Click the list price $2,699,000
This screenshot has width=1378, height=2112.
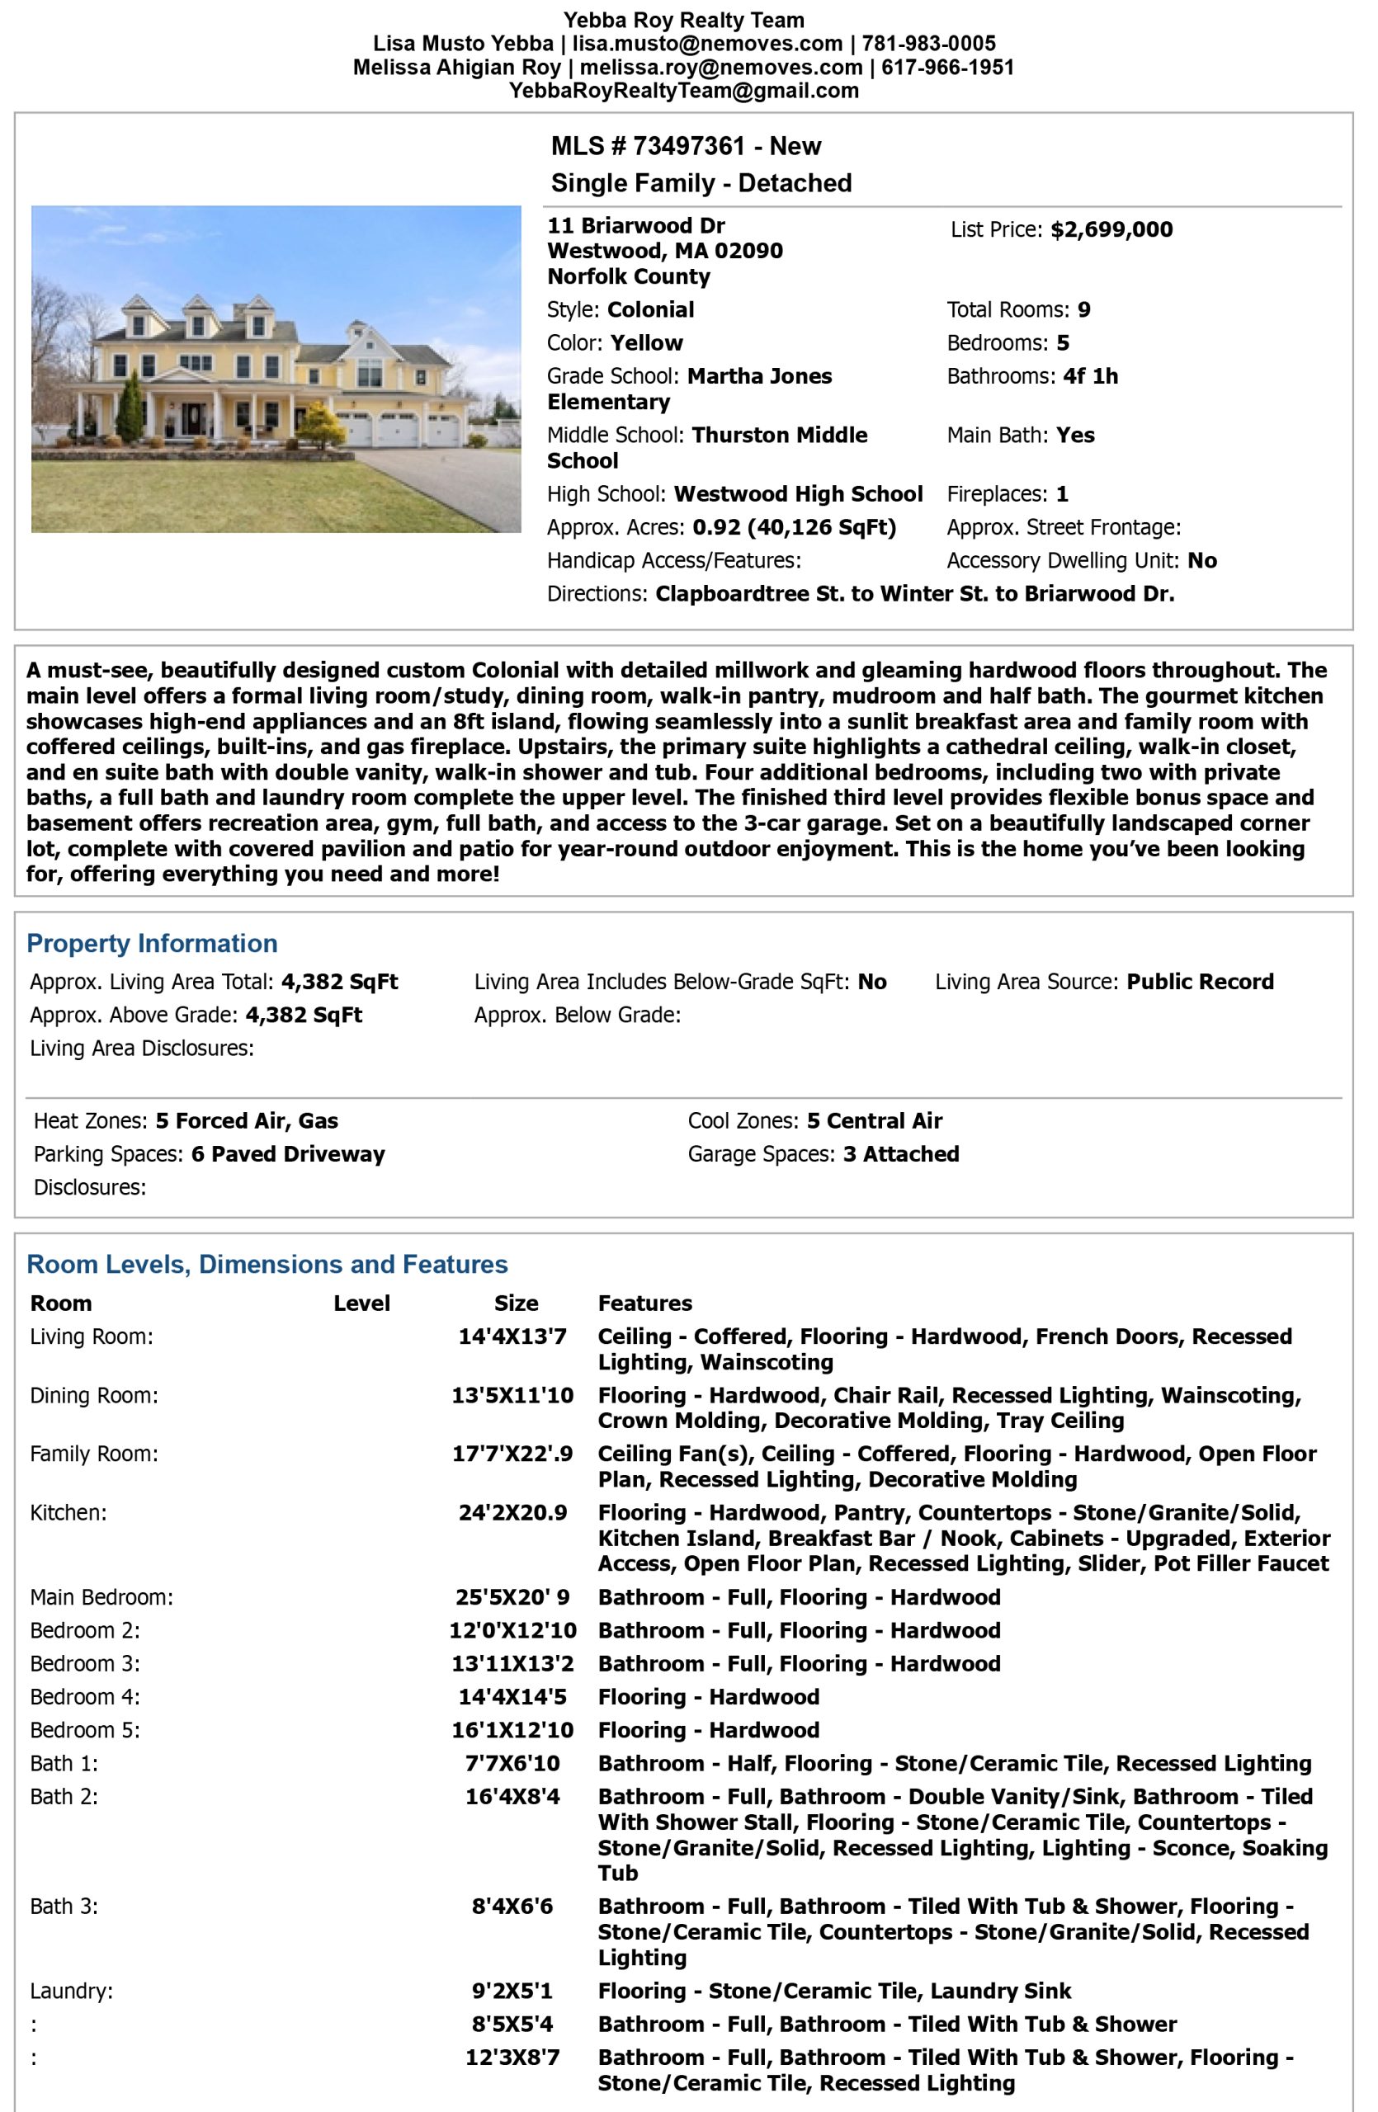(x=1111, y=230)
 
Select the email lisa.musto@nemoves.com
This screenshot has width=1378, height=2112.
(x=706, y=44)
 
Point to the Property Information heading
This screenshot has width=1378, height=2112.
(x=152, y=943)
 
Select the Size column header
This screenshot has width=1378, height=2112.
(x=516, y=1303)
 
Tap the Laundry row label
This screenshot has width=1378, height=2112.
(x=71, y=1992)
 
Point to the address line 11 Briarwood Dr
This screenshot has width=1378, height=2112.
(x=635, y=225)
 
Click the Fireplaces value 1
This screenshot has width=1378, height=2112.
(x=1061, y=494)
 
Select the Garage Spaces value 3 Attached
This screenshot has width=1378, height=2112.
(x=900, y=1154)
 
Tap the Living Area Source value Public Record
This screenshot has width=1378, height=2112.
(x=1200, y=983)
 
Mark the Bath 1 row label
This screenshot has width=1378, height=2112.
(x=64, y=1764)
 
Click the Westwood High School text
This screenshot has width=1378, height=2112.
(x=798, y=494)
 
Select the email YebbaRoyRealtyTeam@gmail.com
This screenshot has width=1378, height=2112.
(x=683, y=91)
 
